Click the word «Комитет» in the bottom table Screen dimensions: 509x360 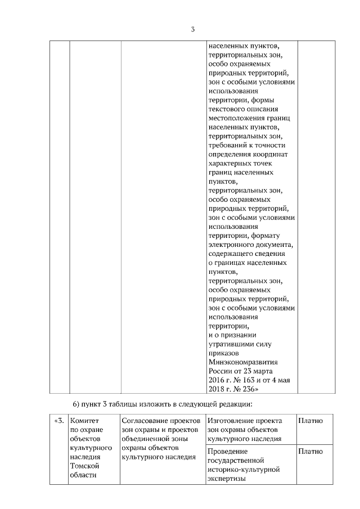coord(83,421)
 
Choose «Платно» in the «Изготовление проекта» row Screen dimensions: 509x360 coord(310,421)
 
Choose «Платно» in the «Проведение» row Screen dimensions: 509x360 coord(310,451)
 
